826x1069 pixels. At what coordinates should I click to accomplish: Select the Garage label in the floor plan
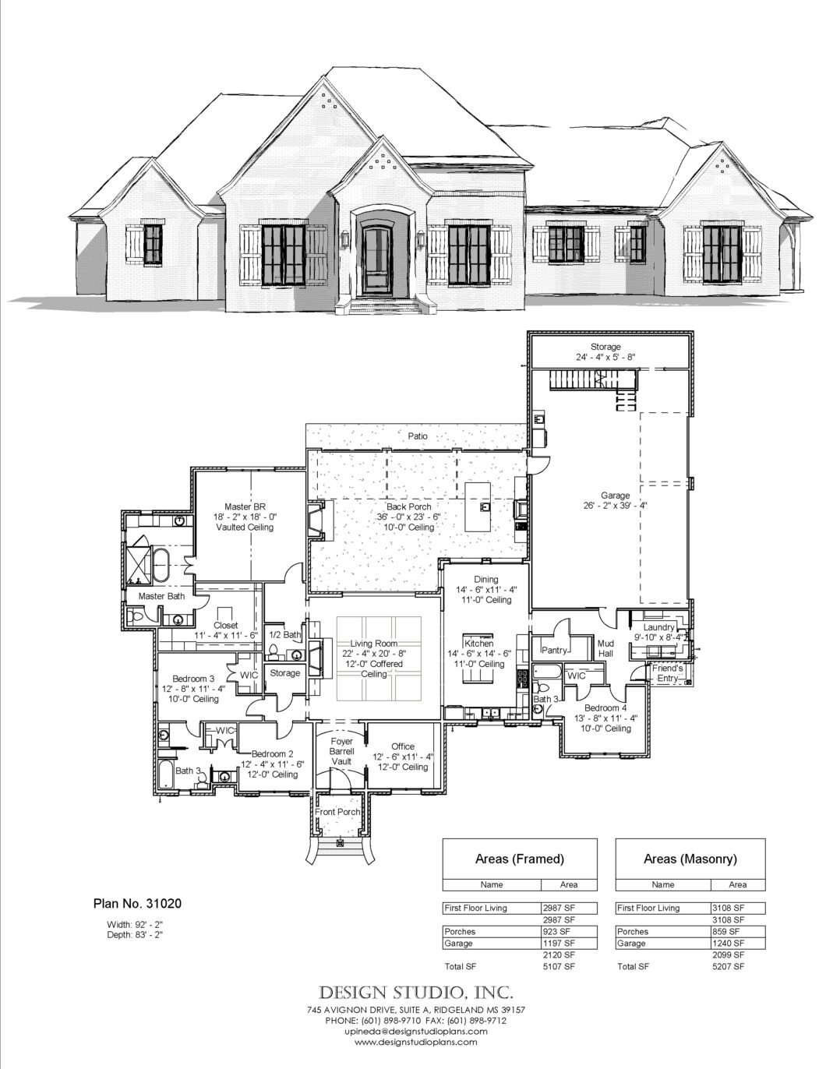(x=615, y=496)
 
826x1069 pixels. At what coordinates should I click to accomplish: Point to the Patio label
(x=418, y=436)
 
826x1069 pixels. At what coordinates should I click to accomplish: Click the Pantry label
(x=555, y=651)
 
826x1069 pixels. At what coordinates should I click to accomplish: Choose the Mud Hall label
(x=605, y=648)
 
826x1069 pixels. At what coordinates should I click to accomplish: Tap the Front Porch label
(x=337, y=812)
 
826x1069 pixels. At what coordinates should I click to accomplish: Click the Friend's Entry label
(x=668, y=673)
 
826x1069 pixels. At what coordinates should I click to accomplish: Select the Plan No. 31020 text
(x=137, y=904)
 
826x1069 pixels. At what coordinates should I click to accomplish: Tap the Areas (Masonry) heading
(x=690, y=859)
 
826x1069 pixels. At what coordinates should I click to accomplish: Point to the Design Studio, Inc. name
(x=416, y=1004)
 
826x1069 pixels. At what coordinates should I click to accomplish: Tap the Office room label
(x=403, y=746)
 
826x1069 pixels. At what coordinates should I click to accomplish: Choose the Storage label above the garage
(x=605, y=347)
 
